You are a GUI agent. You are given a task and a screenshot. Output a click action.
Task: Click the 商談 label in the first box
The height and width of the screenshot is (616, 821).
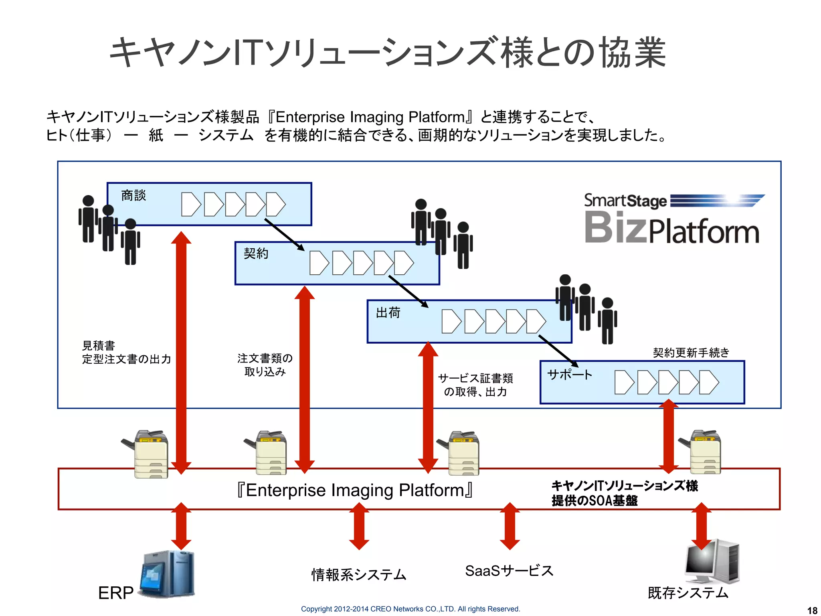tap(133, 195)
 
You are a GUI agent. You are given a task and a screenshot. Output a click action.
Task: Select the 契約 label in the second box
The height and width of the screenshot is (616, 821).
tap(256, 253)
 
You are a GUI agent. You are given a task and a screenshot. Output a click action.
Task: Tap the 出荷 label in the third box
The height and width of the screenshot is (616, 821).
tap(388, 312)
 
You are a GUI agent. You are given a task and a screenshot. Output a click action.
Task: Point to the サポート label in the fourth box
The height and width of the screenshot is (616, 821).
tap(570, 375)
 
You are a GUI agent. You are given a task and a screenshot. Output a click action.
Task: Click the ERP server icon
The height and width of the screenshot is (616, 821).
tap(168, 574)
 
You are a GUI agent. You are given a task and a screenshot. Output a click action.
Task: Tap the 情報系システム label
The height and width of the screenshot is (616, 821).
tap(359, 574)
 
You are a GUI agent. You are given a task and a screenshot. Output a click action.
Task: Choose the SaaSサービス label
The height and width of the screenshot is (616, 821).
tap(509, 571)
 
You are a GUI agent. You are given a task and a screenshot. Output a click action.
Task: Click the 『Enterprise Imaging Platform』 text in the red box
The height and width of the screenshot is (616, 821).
tap(355, 490)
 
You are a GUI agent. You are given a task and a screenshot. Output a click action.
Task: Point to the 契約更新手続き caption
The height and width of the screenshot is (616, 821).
tap(691, 353)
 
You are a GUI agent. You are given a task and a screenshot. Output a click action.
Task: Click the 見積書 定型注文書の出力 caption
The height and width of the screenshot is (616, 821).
tap(126, 352)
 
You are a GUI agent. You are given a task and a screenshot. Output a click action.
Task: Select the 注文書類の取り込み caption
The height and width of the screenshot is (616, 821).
tap(265, 365)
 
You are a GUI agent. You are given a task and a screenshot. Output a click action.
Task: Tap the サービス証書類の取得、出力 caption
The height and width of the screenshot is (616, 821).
tap(475, 385)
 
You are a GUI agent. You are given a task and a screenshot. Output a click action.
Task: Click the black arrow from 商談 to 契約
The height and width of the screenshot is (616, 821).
tap(284, 234)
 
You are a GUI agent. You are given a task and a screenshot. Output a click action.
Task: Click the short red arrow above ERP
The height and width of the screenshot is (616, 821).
tap(181, 526)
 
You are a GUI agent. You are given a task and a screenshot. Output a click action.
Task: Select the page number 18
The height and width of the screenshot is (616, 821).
tap(812, 610)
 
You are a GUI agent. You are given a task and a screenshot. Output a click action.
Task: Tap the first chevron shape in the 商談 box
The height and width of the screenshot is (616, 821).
tap(190, 205)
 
